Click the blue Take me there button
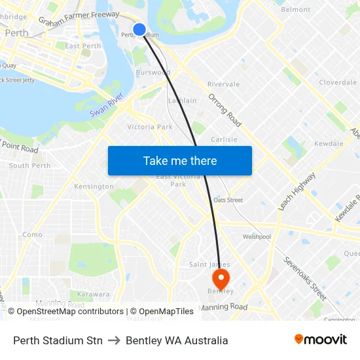(180, 160)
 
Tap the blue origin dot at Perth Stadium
(139, 29)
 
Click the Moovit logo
(321, 340)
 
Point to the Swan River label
(106, 107)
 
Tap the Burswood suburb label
(153, 73)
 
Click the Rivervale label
(223, 84)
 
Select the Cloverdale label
(338, 82)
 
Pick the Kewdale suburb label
(329, 143)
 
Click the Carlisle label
(224, 139)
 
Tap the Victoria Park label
(150, 127)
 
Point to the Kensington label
(94, 187)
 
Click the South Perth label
(29, 166)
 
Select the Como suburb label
(32, 234)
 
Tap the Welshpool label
(257, 237)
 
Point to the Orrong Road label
(225, 110)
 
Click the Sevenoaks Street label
(304, 278)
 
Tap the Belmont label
(295, 10)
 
